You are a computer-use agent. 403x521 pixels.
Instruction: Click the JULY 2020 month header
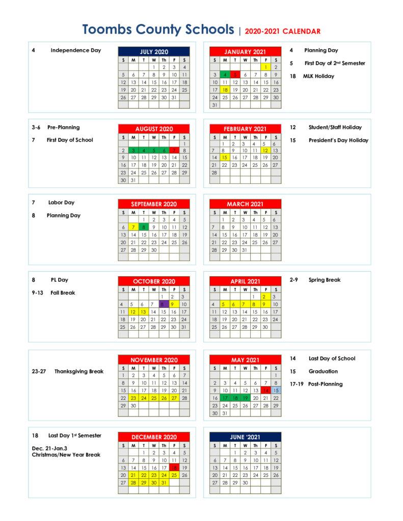154,52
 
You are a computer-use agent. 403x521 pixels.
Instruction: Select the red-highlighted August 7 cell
174,151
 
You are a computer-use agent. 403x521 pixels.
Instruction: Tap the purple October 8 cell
164,304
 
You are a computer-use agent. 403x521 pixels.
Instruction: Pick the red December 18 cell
174,468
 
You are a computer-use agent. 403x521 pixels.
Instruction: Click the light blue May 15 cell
276,390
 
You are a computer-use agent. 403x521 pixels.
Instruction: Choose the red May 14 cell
265,390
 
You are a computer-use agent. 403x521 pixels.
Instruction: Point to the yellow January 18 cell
225,90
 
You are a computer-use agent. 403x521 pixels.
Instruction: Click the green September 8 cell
144,227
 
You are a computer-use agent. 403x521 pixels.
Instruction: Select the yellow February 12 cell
265,151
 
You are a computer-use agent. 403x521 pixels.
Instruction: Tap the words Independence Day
75,50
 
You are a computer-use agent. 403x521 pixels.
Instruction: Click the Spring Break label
325,280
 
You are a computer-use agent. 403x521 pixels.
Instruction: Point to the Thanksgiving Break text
79,371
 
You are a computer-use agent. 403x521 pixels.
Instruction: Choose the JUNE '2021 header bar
245,437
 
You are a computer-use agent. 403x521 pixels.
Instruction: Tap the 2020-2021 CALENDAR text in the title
282,32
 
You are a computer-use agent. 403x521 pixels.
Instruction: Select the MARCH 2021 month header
245,204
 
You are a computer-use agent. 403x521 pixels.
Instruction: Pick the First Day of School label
70,140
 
